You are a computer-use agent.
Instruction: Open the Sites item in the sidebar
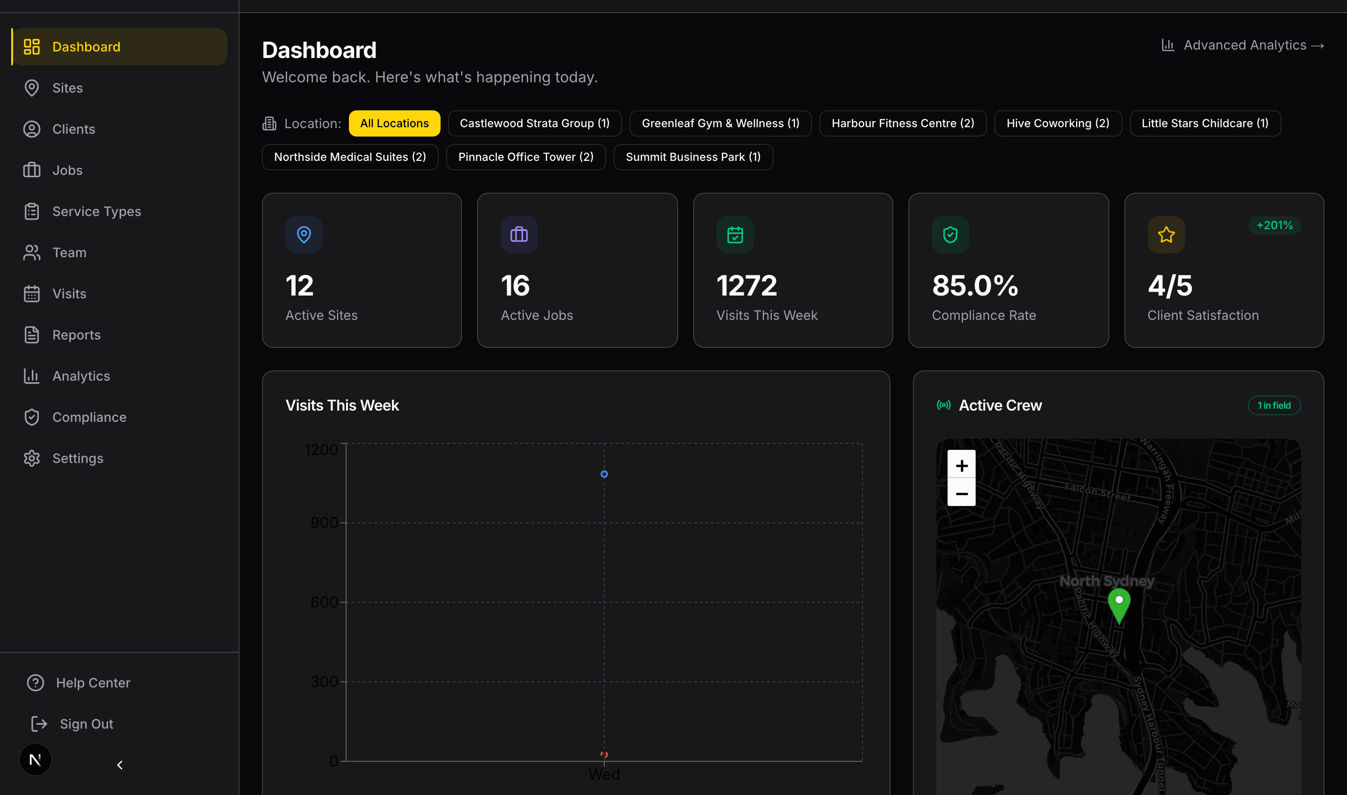[x=67, y=88]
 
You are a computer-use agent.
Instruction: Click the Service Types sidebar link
[x=96, y=211]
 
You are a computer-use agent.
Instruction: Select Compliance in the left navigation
[x=89, y=417]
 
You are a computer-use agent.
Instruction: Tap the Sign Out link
[x=86, y=724]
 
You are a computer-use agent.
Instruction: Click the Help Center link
[x=93, y=682]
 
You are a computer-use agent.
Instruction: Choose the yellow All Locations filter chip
[x=394, y=123]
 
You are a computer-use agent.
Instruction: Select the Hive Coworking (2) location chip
[x=1057, y=123]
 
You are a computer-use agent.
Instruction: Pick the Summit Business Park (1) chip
[x=692, y=157]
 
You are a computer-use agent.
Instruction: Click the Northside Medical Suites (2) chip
[x=349, y=157]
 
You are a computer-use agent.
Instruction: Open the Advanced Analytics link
[x=1244, y=45]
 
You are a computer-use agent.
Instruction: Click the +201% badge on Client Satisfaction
[x=1274, y=225]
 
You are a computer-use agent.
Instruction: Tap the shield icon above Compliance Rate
[x=949, y=235]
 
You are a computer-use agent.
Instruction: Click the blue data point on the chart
[x=604, y=474]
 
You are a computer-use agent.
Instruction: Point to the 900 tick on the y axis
[x=324, y=522]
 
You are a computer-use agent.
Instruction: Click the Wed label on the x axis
[x=603, y=774]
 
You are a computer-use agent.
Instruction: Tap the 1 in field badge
[x=1274, y=405]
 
